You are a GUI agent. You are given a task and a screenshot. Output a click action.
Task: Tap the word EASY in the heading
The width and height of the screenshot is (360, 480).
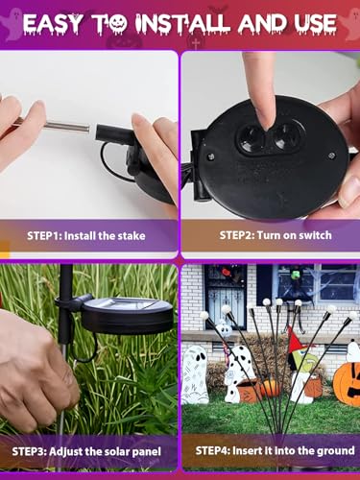click(53, 23)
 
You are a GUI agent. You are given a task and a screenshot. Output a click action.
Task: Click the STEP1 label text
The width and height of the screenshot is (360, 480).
click(44, 236)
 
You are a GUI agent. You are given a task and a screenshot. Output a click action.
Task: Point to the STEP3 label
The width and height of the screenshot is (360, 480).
click(30, 451)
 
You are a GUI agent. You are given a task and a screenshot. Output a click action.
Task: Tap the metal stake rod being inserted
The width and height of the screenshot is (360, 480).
click(66, 126)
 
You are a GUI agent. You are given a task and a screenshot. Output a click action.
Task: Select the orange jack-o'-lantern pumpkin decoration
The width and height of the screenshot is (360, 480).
click(347, 383)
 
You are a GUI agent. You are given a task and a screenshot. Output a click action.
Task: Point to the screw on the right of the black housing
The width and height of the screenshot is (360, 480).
click(331, 156)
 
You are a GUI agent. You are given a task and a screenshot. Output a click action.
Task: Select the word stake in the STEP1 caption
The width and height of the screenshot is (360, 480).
click(132, 236)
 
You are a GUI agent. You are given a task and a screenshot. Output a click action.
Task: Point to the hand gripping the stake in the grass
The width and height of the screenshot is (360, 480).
click(36, 368)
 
